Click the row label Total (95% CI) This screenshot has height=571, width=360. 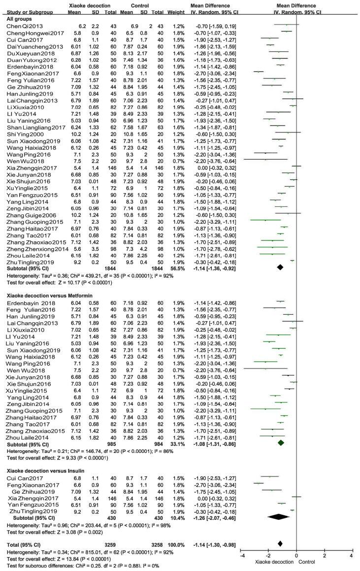pos(20,543)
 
